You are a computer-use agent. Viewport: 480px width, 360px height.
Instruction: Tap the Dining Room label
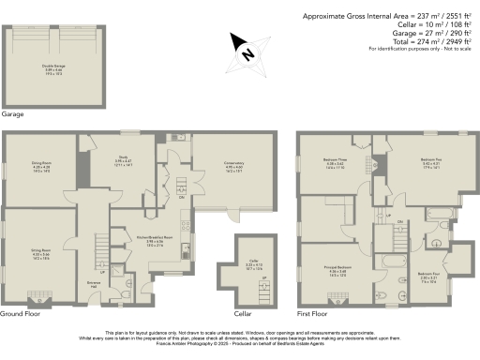[x=41, y=166]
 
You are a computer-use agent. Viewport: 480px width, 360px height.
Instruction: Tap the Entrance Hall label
[x=93, y=283]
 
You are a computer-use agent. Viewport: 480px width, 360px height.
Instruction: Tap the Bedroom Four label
[x=428, y=277]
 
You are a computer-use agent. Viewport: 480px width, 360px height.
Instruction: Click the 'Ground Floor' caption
[x=21, y=313]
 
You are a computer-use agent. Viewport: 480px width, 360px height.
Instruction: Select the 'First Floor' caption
[x=315, y=313]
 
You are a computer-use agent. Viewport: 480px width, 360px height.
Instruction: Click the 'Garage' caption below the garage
[x=13, y=113]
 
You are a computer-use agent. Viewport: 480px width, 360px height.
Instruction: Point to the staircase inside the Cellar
[x=264, y=290]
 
